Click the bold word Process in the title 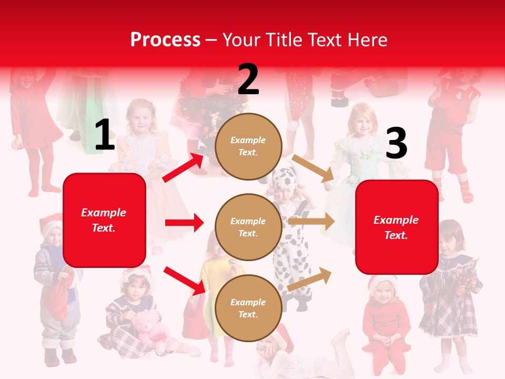point(165,40)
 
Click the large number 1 point(105,135)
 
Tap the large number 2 point(248,79)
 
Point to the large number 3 point(396,143)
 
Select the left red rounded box point(104,220)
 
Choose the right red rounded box point(397,227)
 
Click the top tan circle point(248,146)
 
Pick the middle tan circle point(248,227)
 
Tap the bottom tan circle point(248,308)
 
